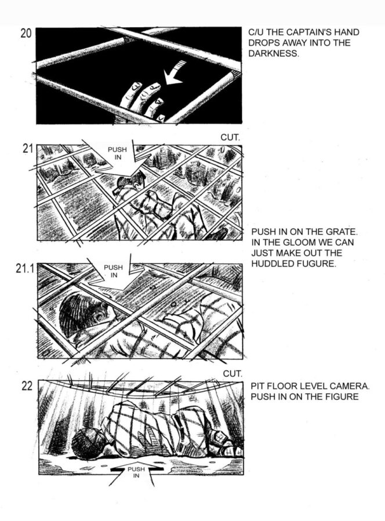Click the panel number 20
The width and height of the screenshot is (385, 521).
tap(26, 34)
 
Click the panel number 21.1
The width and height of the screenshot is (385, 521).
tap(26, 269)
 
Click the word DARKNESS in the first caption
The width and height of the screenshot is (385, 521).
tap(274, 53)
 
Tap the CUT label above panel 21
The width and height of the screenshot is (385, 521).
tap(230, 138)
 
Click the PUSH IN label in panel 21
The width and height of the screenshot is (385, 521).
tap(117, 153)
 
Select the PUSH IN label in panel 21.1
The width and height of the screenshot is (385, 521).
tap(114, 271)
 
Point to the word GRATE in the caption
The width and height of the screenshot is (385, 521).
tap(343, 232)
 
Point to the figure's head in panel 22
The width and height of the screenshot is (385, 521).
tap(88, 442)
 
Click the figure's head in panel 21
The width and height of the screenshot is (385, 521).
tap(130, 183)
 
